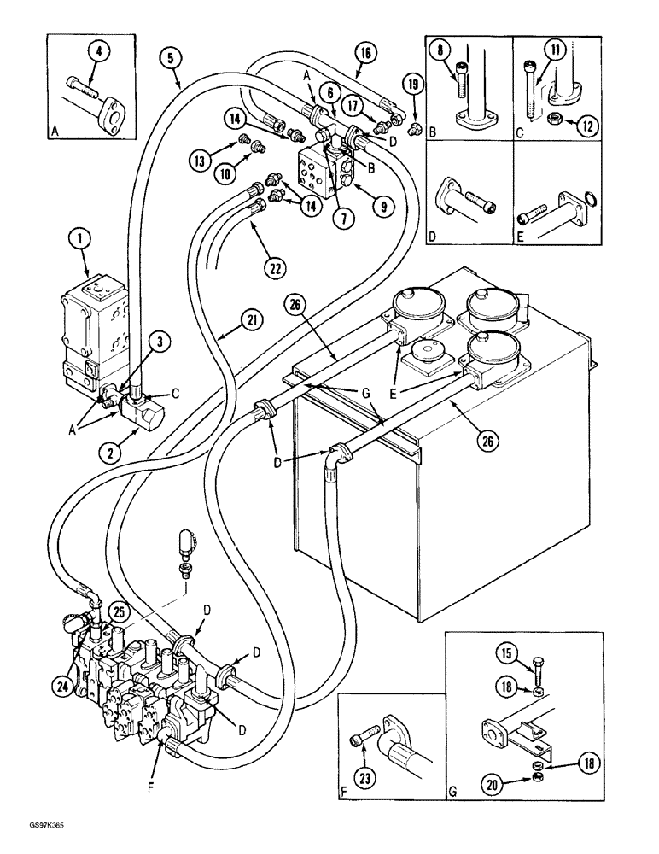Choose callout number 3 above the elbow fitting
tap(160, 342)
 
